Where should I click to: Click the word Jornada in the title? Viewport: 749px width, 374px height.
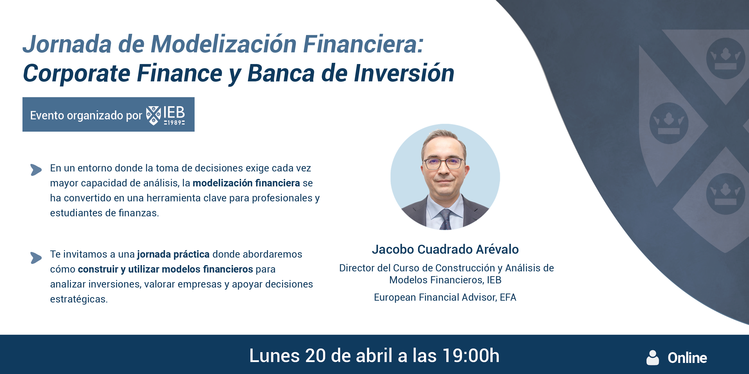[x=67, y=44]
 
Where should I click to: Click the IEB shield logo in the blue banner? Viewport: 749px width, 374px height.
[x=153, y=115]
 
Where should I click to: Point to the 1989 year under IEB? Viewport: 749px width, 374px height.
[x=174, y=123]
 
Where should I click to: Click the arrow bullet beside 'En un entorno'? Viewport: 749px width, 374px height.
[x=36, y=170]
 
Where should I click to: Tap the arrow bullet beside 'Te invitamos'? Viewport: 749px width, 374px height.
[x=36, y=258]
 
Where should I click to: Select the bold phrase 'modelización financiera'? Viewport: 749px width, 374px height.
[x=246, y=183]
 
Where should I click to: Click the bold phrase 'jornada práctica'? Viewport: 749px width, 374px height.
[x=173, y=254]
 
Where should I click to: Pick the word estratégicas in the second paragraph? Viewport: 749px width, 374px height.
[x=78, y=299]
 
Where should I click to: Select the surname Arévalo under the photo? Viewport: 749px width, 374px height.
[x=497, y=250]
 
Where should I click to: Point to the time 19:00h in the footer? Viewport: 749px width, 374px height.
[x=471, y=356]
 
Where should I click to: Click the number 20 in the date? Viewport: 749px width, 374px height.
[x=315, y=356]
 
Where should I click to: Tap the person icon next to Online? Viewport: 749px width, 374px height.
[x=653, y=358]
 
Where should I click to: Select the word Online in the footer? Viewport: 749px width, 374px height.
[x=687, y=358]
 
